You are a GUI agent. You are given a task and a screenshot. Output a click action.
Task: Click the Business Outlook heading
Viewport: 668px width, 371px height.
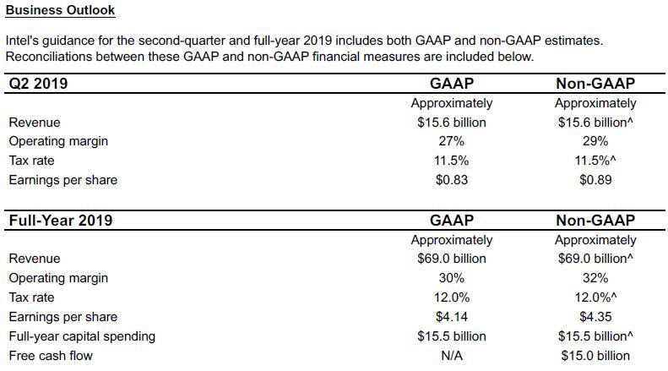60,10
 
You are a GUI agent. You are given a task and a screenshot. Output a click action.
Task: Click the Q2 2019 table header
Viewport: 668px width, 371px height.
38,84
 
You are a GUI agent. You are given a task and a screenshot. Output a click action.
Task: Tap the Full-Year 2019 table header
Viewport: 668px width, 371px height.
61,221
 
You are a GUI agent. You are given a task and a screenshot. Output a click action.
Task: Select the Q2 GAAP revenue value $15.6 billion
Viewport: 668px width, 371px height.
452,123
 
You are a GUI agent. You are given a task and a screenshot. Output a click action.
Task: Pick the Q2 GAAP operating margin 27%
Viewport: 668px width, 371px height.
452,141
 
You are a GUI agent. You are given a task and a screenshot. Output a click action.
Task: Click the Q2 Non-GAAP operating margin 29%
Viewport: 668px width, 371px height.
595,141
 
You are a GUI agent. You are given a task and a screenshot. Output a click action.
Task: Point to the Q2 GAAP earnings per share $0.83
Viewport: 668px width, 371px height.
452,180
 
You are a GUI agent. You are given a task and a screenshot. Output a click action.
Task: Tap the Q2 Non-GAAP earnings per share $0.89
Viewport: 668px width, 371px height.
595,180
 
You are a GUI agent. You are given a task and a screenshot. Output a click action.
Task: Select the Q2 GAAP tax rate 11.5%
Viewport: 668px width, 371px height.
452,161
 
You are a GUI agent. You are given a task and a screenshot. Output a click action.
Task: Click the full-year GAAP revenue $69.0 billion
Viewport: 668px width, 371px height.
452,259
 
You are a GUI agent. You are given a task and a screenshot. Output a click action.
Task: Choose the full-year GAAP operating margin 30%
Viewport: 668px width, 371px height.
452,278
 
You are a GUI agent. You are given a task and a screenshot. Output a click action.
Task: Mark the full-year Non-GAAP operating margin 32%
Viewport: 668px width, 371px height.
595,278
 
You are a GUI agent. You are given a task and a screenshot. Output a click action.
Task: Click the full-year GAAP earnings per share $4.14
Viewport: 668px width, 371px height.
452,317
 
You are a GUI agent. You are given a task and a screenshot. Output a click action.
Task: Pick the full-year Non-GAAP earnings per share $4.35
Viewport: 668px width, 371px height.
595,317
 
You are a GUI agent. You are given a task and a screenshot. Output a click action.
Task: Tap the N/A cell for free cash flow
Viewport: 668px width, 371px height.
452,356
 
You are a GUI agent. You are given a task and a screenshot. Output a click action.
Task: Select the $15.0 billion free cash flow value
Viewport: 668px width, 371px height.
595,356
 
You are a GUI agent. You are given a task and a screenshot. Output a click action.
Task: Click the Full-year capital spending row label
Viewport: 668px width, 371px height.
82,336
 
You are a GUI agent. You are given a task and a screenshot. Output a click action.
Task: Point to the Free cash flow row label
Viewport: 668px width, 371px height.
51,356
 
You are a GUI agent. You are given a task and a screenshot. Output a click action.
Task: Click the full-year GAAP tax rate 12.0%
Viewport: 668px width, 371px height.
452,297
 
